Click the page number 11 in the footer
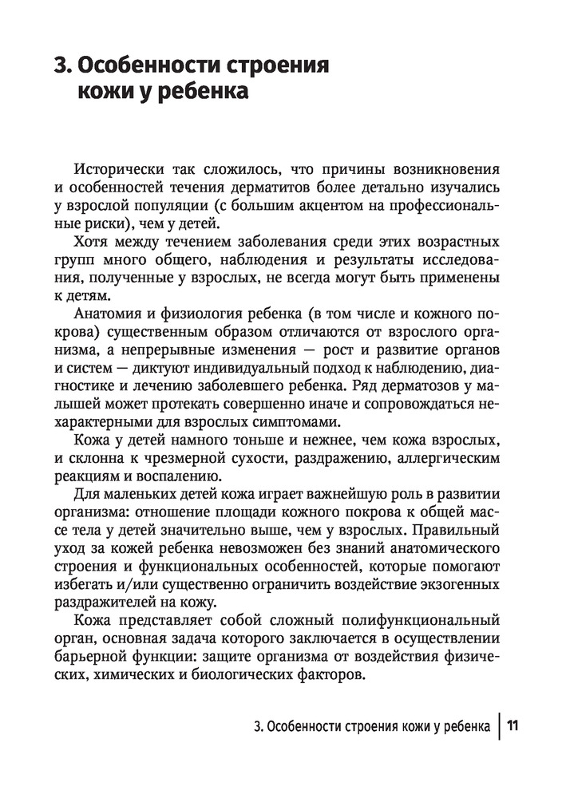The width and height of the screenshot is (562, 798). [x=513, y=727]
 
